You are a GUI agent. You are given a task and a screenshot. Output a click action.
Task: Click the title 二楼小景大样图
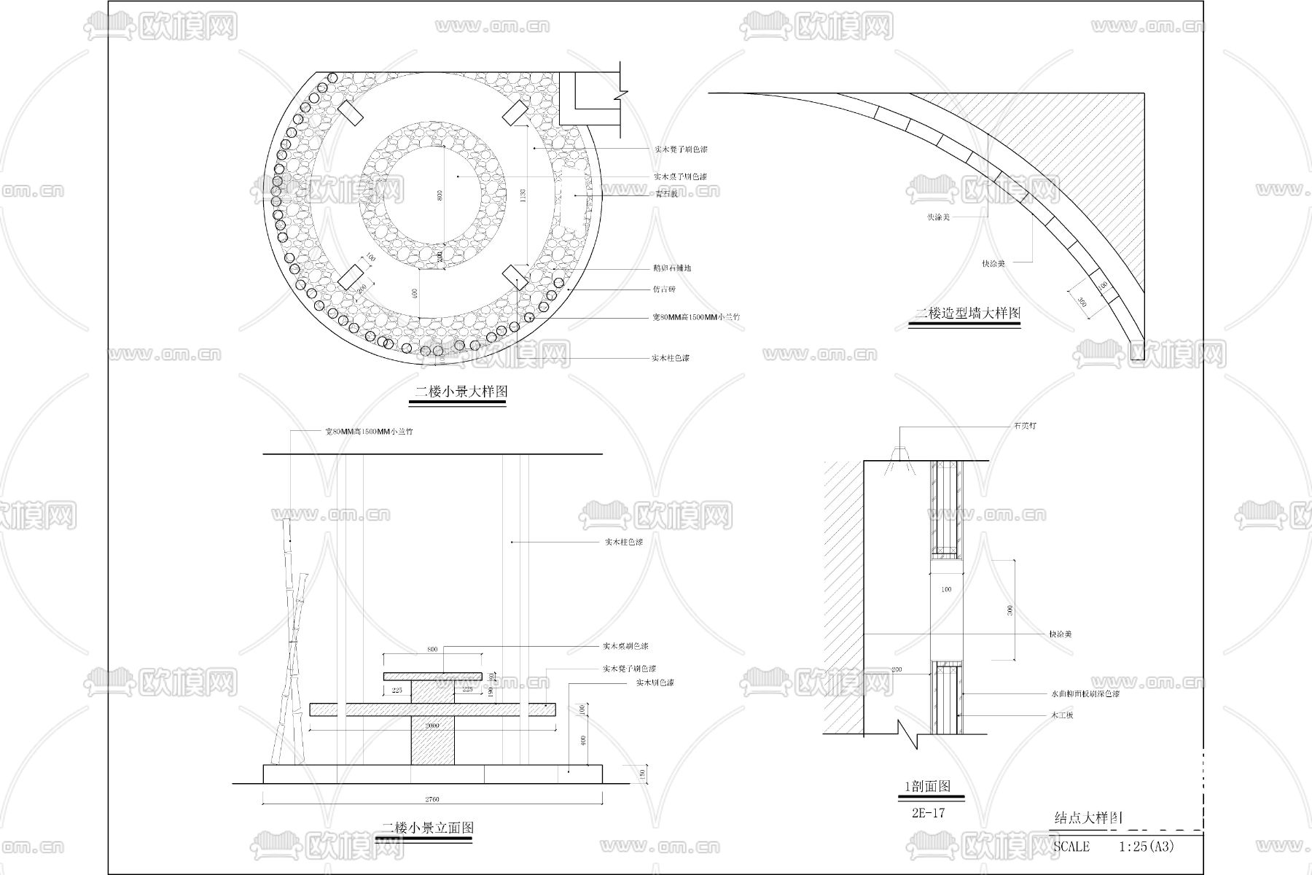(x=460, y=392)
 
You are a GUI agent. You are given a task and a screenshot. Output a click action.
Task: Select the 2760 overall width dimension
(x=432, y=799)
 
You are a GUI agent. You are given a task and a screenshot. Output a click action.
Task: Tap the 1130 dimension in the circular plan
(x=523, y=195)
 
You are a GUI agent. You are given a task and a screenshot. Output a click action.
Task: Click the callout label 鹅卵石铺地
(x=672, y=268)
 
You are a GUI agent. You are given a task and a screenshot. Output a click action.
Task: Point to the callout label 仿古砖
(x=664, y=289)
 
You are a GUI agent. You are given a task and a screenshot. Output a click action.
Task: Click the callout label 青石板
(x=665, y=194)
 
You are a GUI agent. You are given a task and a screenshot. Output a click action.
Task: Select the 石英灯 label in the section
(x=1024, y=425)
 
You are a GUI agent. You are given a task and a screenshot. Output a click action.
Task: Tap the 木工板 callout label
(x=1061, y=715)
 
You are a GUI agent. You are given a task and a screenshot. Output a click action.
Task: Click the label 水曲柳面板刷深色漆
(x=1084, y=694)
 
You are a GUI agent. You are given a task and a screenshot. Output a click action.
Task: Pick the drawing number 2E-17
(x=928, y=813)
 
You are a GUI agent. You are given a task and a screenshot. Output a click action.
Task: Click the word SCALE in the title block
(x=1071, y=847)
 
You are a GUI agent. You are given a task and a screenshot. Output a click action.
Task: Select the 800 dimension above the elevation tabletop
(x=432, y=649)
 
